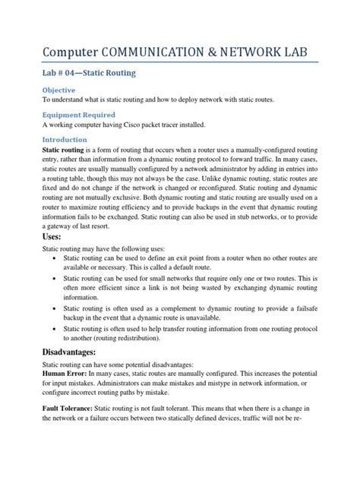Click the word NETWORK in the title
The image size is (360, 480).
[x=263, y=51]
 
